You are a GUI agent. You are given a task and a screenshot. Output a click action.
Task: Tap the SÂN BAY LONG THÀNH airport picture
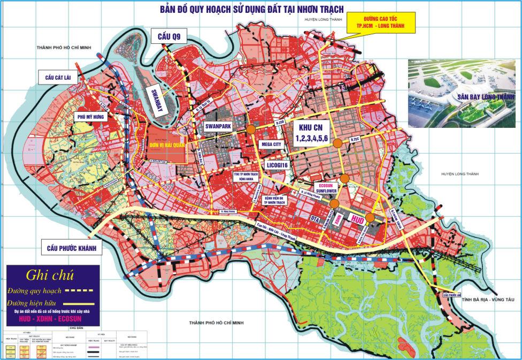tap(460, 92)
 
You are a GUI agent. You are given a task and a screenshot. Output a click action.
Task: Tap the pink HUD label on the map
tap(359, 219)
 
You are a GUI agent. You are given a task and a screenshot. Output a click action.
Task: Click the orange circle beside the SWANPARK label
tap(250, 129)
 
